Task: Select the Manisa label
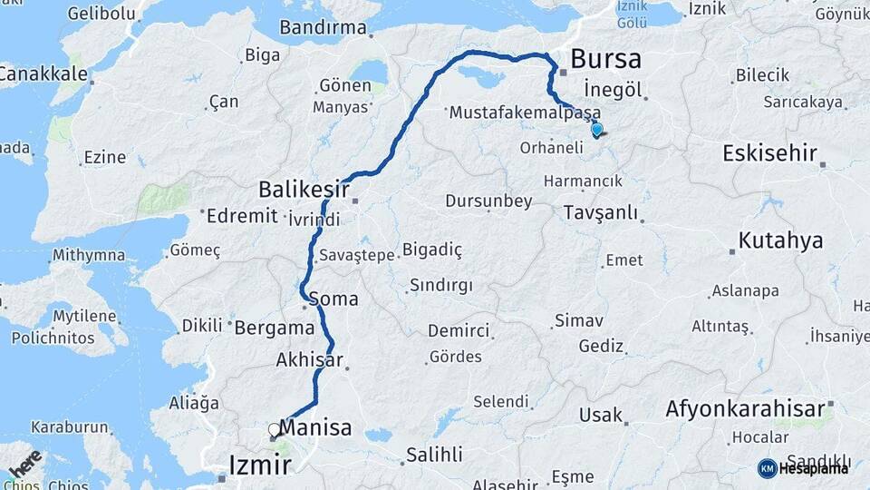click(316, 427)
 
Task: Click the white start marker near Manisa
click(274, 430)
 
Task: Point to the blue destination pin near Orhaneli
click(596, 130)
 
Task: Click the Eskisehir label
click(769, 153)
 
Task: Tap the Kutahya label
click(780, 240)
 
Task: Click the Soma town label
click(333, 299)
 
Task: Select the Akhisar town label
click(310, 360)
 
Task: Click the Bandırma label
click(323, 27)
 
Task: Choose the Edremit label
click(241, 216)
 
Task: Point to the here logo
click(24, 463)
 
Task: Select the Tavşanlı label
click(600, 213)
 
